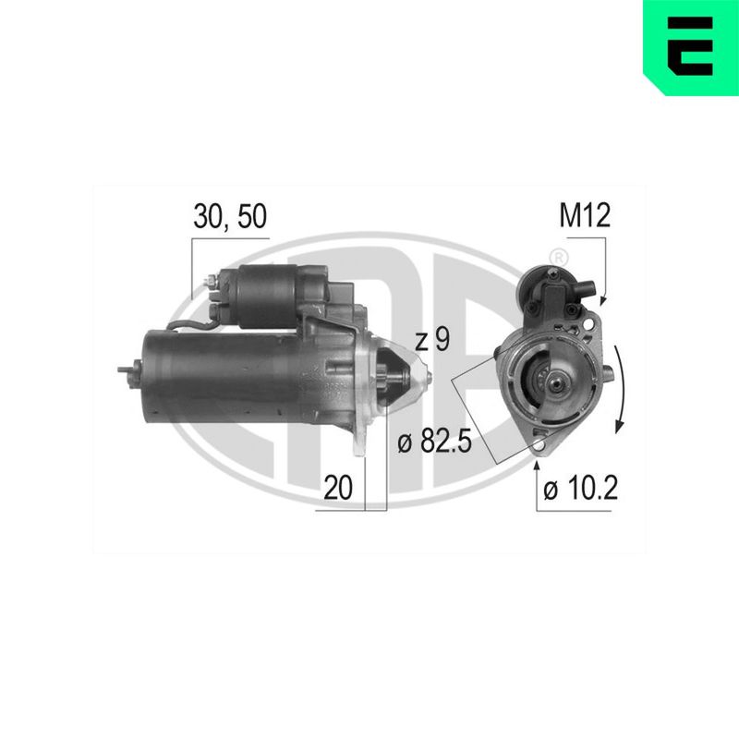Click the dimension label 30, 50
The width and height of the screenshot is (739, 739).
(230, 217)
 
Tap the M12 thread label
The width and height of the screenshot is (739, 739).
(585, 215)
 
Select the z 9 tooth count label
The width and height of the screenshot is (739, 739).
(432, 340)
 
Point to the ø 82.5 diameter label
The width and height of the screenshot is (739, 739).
(434, 442)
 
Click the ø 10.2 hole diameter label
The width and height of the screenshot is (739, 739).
(580, 488)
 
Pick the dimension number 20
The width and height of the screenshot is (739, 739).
(338, 488)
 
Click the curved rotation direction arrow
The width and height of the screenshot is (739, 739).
(621, 389)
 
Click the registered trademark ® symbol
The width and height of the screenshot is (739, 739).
(559, 258)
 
